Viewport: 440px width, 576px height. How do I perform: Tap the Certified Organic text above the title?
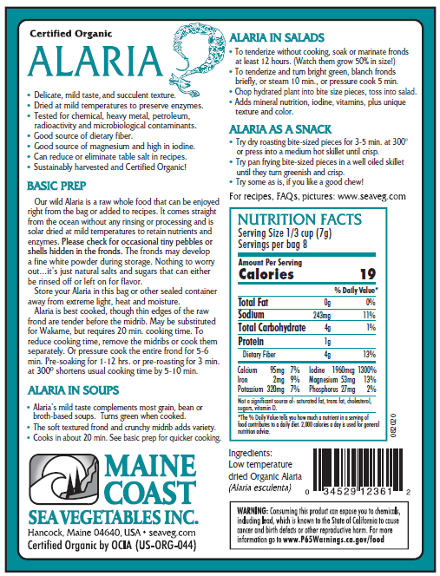[70, 33]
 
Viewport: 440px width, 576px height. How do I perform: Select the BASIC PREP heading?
[59, 186]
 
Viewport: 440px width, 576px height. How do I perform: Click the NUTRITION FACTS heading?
[307, 219]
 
